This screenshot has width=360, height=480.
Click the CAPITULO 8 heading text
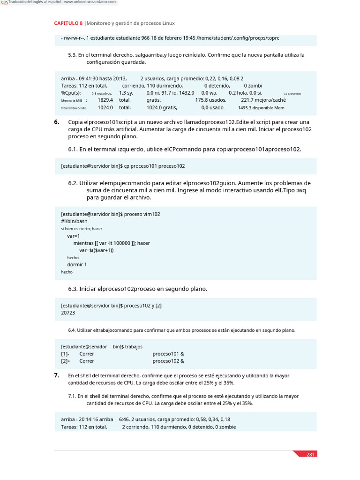68,23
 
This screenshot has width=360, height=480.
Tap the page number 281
310,454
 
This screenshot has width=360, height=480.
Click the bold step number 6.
56,122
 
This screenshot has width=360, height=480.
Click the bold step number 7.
56,375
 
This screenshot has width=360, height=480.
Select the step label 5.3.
72,55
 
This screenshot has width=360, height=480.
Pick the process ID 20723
68,312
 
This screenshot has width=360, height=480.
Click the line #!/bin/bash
74,221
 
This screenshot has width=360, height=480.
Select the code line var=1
74,236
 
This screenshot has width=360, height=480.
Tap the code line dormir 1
77,264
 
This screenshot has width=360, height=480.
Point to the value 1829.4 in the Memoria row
105,100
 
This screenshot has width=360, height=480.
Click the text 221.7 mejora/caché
263,100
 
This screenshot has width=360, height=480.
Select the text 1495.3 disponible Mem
261,107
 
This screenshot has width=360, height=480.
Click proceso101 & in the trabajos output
168,354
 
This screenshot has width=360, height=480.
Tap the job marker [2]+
66,361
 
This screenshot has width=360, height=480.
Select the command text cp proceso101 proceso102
154,166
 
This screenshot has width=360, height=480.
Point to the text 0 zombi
253,86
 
